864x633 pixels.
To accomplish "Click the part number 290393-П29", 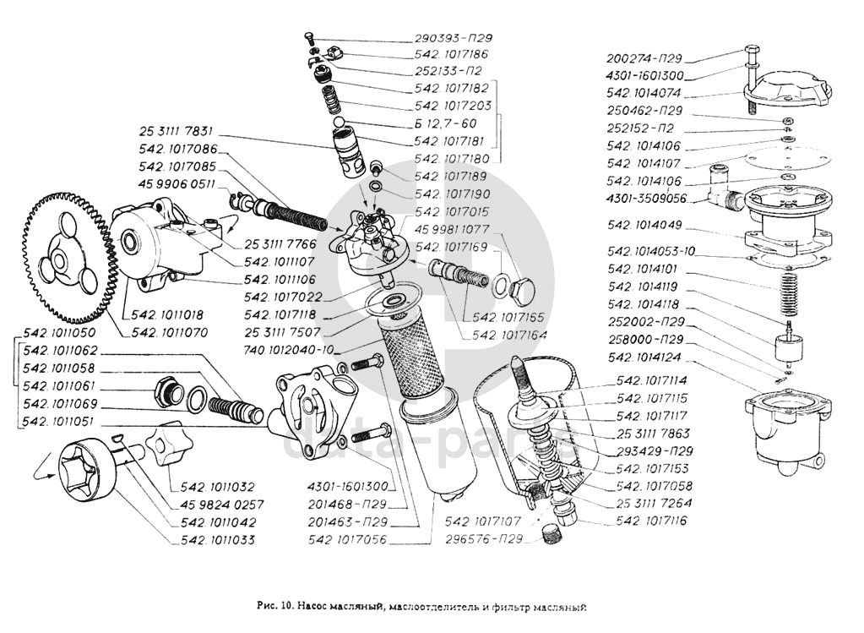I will (x=454, y=39).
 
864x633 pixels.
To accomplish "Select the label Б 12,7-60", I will (x=447, y=123).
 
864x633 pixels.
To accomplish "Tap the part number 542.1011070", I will (x=170, y=332).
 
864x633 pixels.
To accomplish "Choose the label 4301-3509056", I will (x=646, y=199).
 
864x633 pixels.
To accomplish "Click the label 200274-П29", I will (x=644, y=59).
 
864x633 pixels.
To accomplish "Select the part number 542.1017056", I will (x=347, y=538).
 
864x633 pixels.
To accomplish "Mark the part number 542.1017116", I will (x=652, y=521).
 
